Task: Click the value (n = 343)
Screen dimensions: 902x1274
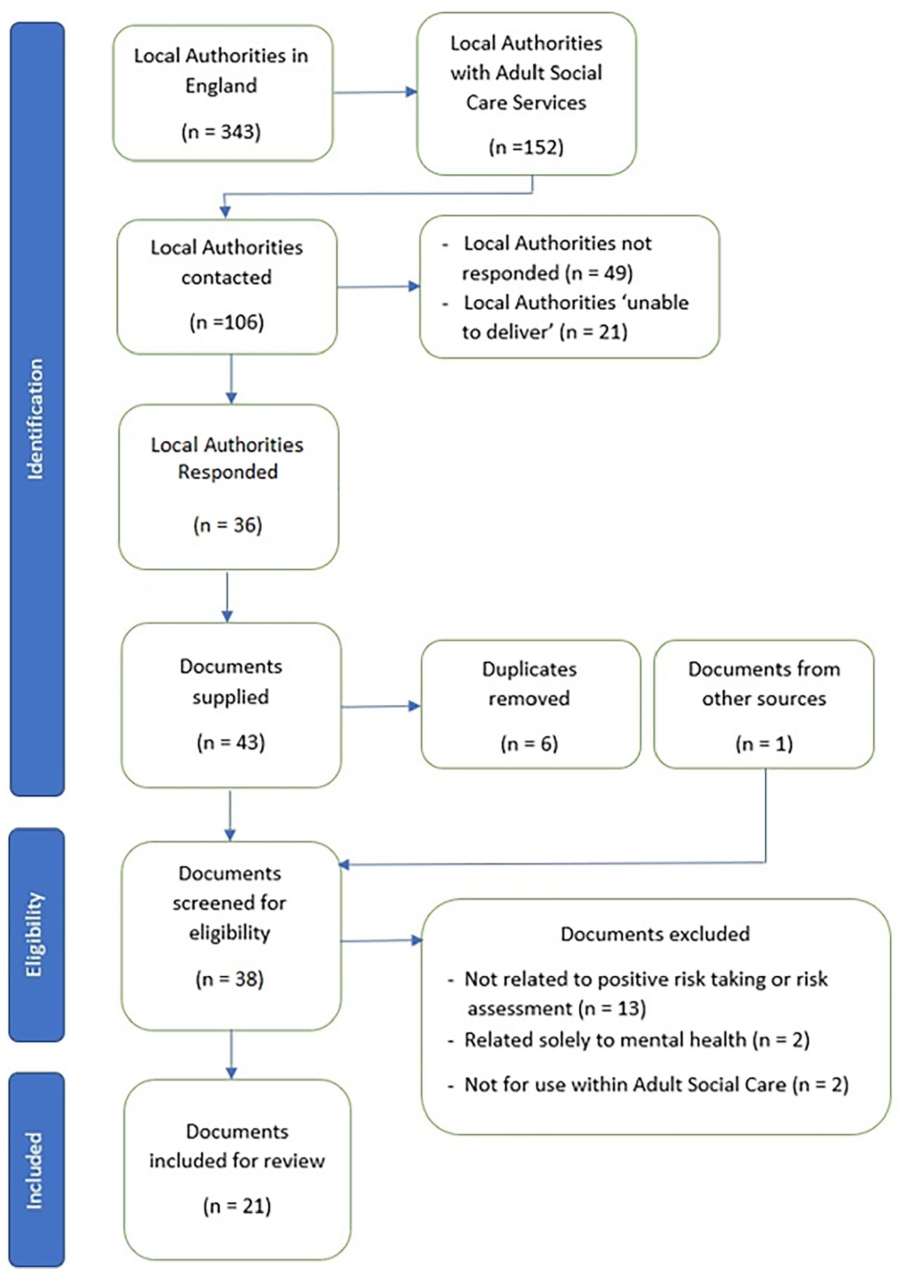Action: pos(221,132)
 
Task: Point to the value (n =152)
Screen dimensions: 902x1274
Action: pos(526,147)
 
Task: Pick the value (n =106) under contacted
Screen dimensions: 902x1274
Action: pos(226,322)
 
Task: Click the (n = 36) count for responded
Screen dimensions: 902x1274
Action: pos(228,525)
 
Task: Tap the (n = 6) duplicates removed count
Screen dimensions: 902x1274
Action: pos(529,744)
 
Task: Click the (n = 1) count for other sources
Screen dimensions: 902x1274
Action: pos(764,744)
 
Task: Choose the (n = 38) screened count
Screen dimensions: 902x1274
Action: pos(229,978)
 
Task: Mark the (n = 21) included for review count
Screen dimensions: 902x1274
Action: pos(237,1206)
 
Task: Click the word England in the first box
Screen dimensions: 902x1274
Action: pos(221,86)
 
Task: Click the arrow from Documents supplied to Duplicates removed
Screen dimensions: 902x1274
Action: pos(381,706)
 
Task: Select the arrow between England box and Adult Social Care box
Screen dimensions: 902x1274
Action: pos(375,92)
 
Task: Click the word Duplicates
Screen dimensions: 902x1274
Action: pos(529,669)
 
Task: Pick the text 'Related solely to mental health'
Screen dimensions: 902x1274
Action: pos(605,1039)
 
